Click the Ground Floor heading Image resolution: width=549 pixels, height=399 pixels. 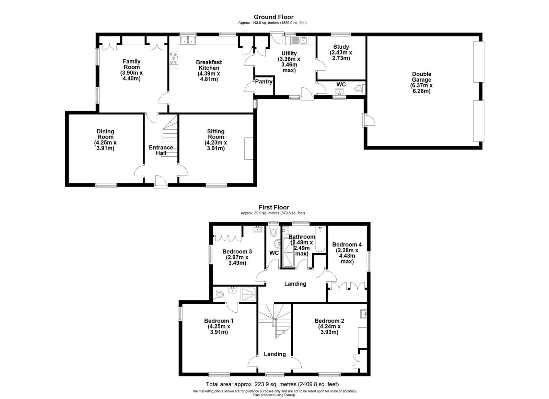click(273, 17)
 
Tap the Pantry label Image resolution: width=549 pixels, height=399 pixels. click(264, 82)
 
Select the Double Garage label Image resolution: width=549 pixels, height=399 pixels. click(422, 77)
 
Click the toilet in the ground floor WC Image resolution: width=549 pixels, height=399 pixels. click(360, 88)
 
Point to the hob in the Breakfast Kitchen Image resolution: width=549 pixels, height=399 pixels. click(174, 59)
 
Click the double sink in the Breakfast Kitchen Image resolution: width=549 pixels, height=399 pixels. click(188, 41)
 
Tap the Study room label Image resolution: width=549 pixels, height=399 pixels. click(341, 47)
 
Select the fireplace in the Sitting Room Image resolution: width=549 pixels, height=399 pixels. click(248, 148)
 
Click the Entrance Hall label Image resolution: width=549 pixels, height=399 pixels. click(161, 150)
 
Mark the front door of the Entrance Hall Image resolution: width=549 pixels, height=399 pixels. click(161, 181)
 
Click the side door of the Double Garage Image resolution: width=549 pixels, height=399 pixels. click(369, 120)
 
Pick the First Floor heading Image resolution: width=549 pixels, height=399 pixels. click(274, 207)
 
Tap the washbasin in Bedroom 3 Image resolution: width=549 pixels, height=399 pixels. click(257, 229)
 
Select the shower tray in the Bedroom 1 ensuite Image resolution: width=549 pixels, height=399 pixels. click(248, 294)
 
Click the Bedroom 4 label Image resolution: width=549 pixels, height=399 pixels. click(347, 244)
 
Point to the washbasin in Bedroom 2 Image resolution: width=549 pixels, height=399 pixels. click(363, 314)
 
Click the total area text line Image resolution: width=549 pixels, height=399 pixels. click(272, 384)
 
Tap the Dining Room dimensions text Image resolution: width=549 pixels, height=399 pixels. click(105, 145)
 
